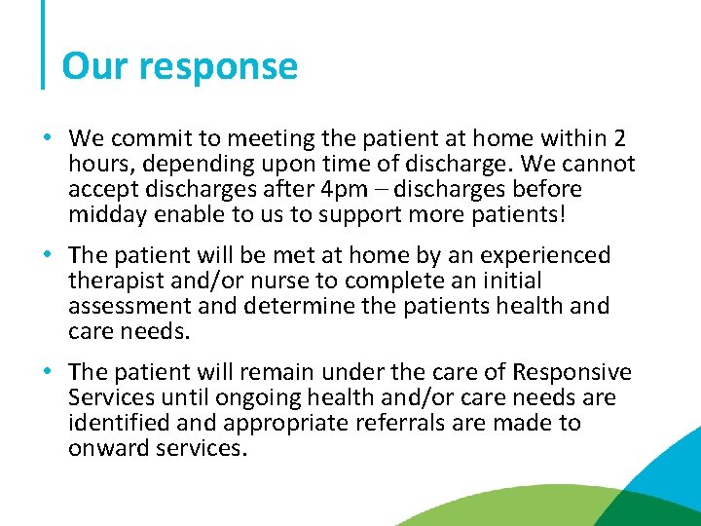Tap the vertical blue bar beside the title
pyautogui.click(x=44, y=44)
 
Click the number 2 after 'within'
pyautogui.click(x=620, y=138)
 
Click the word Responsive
pyautogui.click(x=572, y=372)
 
